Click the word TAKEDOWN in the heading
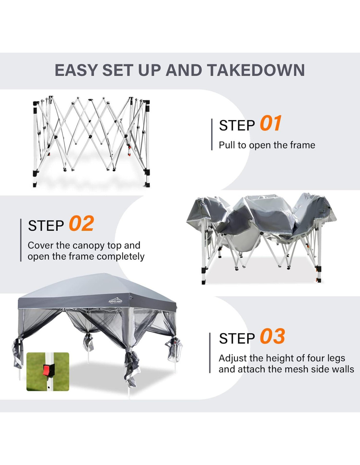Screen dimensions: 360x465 click(x=256, y=70)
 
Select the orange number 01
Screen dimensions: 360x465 click(x=271, y=123)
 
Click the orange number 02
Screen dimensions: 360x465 click(x=81, y=223)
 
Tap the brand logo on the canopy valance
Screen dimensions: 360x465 click(x=115, y=301)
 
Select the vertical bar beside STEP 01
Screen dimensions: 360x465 click(x=212, y=134)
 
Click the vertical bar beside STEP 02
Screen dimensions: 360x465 click(x=21, y=240)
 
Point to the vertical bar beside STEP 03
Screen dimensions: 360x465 click(x=210, y=353)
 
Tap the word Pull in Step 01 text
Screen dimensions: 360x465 click(x=226, y=145)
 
